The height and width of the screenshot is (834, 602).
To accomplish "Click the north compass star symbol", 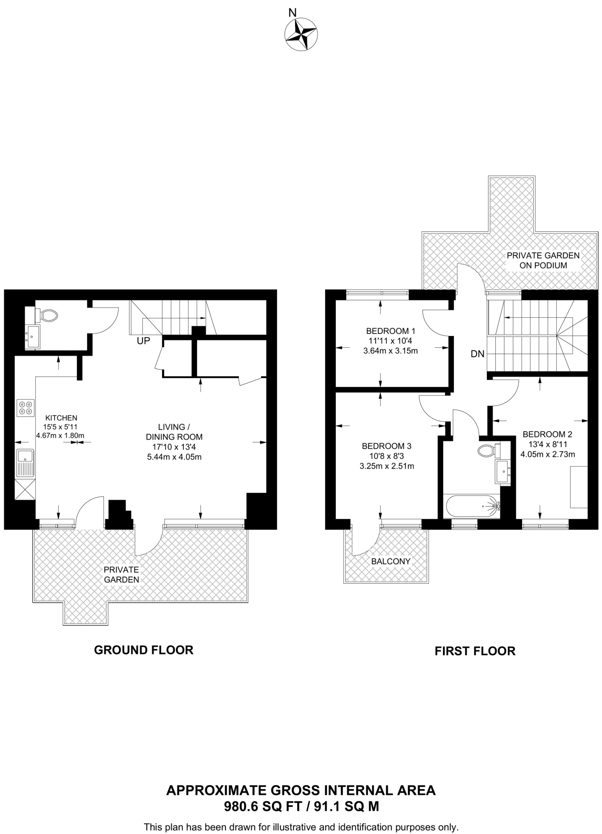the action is click(301, 35).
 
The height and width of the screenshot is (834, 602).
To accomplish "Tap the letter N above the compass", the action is click(293, 13).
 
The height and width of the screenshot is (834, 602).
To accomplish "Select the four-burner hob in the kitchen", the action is click(26, 408).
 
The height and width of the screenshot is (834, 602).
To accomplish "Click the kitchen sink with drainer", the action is click(25, 463).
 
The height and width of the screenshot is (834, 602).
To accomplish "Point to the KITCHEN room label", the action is click(61, 418).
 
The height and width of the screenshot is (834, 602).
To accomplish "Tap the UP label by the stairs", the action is click(143, 341).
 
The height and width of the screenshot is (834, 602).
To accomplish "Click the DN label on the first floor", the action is click(477, 354).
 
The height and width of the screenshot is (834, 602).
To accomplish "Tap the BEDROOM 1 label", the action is click(390, 331).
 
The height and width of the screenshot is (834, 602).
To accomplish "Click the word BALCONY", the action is click(391, 561).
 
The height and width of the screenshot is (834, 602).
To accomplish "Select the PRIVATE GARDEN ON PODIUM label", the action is click(543, 260).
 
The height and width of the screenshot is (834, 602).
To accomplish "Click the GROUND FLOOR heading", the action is click(144, 650).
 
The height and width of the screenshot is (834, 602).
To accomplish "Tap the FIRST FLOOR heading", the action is click(475, 651).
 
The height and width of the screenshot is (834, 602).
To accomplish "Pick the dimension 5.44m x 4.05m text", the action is click(174, 457).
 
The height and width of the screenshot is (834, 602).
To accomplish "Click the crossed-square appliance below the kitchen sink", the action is click(25, 489).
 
